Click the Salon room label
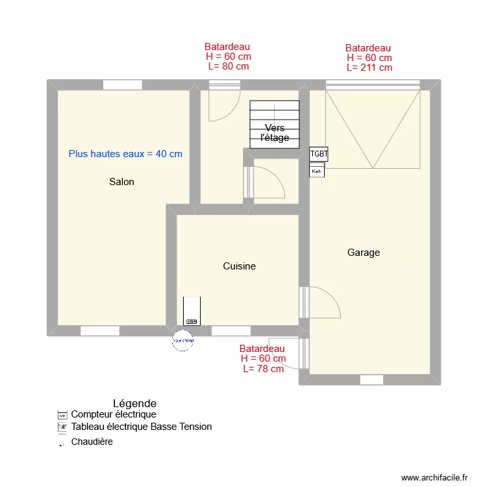coord(121,182)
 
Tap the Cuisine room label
coord(239,266)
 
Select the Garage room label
coord(363,253)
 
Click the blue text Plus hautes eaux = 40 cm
coord(125,154)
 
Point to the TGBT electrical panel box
coord(319,154)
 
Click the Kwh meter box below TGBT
coord(317,170)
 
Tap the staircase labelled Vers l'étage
coord(275,124)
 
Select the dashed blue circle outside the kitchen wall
coord(183,340)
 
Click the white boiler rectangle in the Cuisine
coord(192,310)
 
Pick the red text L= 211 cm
coord(369,68)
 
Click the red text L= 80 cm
coord(228,66)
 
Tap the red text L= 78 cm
coord(263,369)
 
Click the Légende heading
coord(134,403)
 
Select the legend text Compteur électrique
coord(113,414)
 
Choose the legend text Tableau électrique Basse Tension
coord(141,427)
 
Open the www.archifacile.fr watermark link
coord(434,477)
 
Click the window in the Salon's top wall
coord(122,84)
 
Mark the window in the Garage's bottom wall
coord(371,380)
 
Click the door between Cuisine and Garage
coord(304,303)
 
